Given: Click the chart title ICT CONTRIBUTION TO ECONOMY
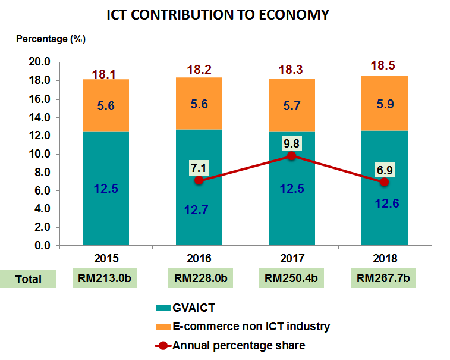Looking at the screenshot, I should point(218,15).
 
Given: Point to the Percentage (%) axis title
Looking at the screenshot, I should point(51,39).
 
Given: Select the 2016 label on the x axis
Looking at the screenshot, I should point(199,259).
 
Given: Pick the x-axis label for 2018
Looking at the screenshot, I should point(385,259).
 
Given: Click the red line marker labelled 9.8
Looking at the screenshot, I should point(291,156).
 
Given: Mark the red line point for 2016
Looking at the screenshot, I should point(199,180).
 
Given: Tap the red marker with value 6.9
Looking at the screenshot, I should point(385,182).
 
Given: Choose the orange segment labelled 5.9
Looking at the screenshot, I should point(385,103).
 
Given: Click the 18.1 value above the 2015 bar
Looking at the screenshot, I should point(106,74).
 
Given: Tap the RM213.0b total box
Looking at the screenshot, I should point(106,278).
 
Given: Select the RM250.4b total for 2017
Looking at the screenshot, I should point(291,278).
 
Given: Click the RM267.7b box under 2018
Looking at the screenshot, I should point(385,278).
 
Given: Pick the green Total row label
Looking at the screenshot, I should point(28,278).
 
